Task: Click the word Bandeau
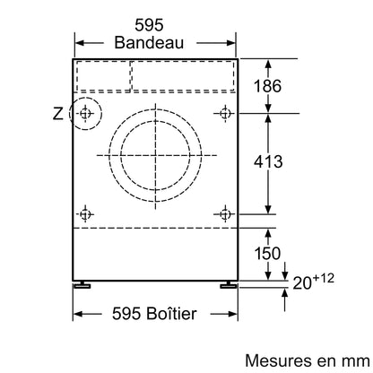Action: coord(149,42)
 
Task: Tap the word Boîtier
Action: coord(171,313)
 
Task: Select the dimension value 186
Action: coord(267,86)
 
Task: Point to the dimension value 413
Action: coord(268,161)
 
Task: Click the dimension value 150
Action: coord(267,253)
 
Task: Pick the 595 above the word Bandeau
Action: coord(149,25)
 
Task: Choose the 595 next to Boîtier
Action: coord(126,314)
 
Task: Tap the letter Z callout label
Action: coord(58,114)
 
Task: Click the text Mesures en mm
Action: coord(308,360)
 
